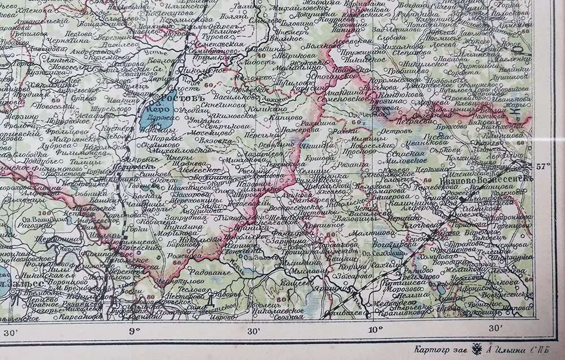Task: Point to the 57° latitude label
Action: point(543,166)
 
